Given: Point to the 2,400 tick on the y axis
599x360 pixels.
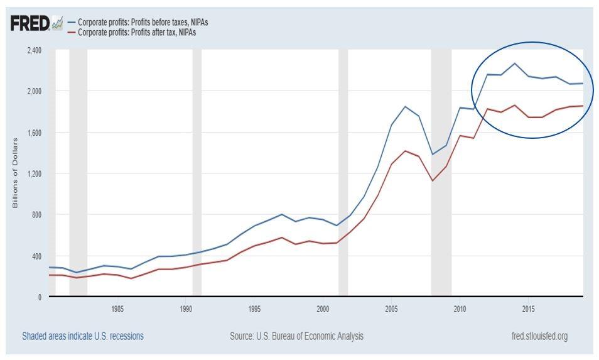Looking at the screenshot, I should (33, 50).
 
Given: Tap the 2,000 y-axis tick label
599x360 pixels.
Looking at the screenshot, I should (33, 91).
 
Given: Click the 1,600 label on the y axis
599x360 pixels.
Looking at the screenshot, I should (33, 133).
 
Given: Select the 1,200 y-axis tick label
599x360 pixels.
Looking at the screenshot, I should (33, 173).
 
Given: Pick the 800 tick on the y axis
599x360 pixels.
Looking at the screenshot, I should (36, 215).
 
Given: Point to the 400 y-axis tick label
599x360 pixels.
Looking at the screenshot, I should (36, 256).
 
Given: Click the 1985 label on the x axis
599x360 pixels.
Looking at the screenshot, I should (117, 309).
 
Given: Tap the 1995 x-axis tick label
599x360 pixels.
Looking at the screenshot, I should (254, 309).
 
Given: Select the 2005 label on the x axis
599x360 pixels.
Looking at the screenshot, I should (392, 309).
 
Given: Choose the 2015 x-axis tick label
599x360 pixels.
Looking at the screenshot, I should (529, 309).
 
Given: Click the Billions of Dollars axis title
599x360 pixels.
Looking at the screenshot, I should (15, 172).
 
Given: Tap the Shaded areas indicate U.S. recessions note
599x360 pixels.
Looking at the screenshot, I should (82, 336).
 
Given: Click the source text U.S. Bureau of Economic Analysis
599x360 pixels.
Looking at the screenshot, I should (296, 336).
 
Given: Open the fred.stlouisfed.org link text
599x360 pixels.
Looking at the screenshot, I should (539, 336).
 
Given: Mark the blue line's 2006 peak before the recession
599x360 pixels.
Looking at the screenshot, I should (406, 107).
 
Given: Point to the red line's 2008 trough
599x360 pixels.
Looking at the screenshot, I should (433, 180).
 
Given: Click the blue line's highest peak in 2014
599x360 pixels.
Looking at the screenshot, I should (515, 63).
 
